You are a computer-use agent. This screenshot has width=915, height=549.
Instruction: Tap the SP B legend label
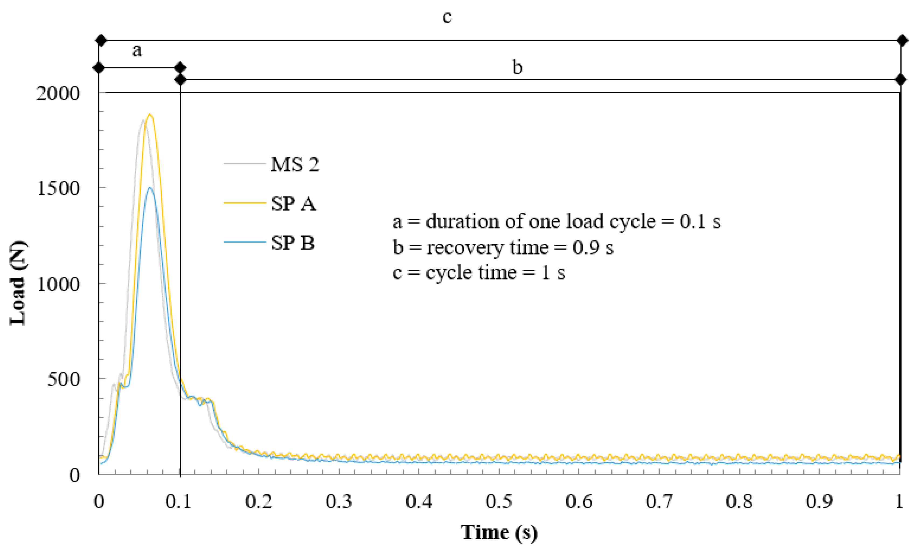[293, 243]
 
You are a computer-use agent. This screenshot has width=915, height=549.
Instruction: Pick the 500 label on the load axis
[64, 379]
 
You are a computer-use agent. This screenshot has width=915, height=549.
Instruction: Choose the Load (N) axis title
[18, 283]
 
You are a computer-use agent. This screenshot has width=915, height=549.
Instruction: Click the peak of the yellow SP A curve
[150, 115]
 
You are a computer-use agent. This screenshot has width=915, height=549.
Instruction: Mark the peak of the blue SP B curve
[149, 188]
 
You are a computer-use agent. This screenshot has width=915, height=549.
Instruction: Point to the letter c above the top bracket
[447, 17]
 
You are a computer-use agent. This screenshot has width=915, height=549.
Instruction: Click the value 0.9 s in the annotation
[593, 247]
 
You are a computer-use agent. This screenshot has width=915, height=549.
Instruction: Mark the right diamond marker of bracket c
[902, 40]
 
